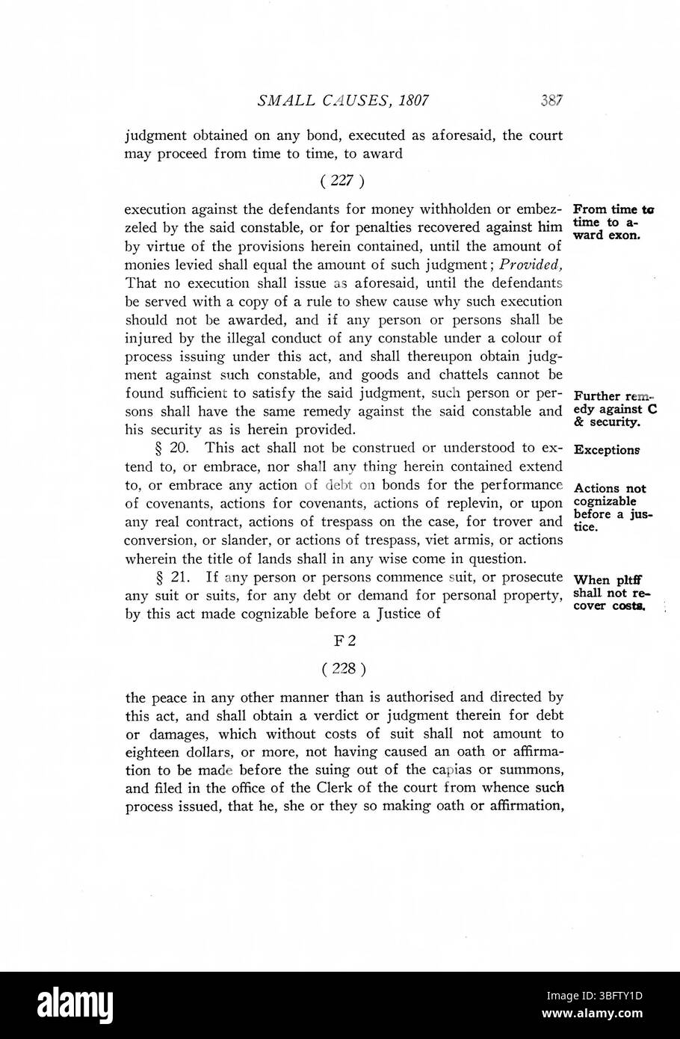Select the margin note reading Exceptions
[x=606, y=451]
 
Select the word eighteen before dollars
[x=153, y=751]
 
